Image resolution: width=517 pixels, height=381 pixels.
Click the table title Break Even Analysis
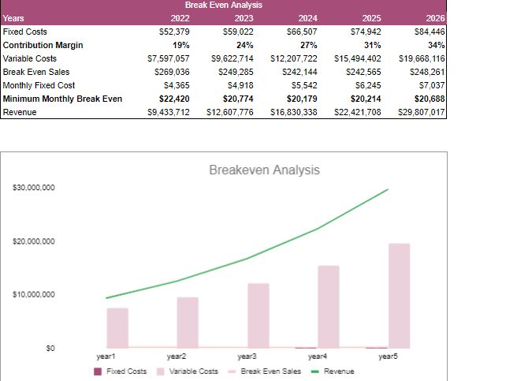(x=223, y=6)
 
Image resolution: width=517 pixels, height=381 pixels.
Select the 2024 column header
(x=308, y=18)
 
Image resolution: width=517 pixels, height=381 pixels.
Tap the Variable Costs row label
(x=29, y=58)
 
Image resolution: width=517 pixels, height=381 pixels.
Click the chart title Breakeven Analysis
(x=264, y=170)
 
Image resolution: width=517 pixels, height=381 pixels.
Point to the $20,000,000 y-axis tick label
(x=34, y=241)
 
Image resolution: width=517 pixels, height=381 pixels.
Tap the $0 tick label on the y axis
(x=49, y=348)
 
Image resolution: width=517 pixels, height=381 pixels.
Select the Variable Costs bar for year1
(x=117, y=327)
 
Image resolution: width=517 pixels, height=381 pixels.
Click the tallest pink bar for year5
(x=399, y=296)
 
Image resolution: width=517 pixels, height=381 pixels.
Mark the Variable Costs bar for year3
(x=258, y=316)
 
